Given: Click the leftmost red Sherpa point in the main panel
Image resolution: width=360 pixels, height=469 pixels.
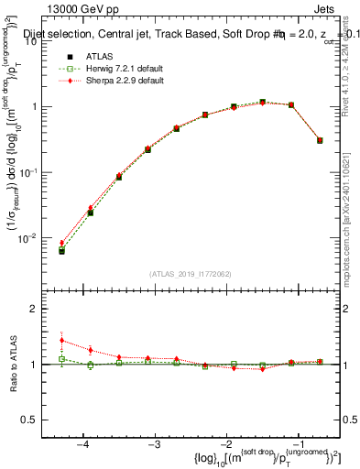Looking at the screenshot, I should click(x=61, y=243).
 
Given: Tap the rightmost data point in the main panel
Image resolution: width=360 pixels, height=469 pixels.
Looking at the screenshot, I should click(x=320, y=140).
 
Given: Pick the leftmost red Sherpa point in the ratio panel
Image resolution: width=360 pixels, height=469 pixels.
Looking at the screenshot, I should click(x=61, y=340).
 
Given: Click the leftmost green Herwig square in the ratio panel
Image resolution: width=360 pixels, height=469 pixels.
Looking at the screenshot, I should click(x=61, y=359).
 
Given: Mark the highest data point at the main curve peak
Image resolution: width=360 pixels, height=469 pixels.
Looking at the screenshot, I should click(x=262, y=102).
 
